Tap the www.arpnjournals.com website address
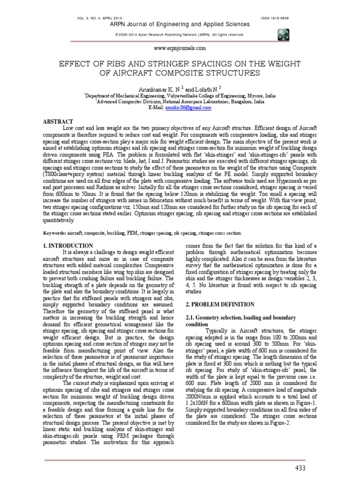click(180, 48)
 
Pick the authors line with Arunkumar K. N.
click(180, 89)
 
